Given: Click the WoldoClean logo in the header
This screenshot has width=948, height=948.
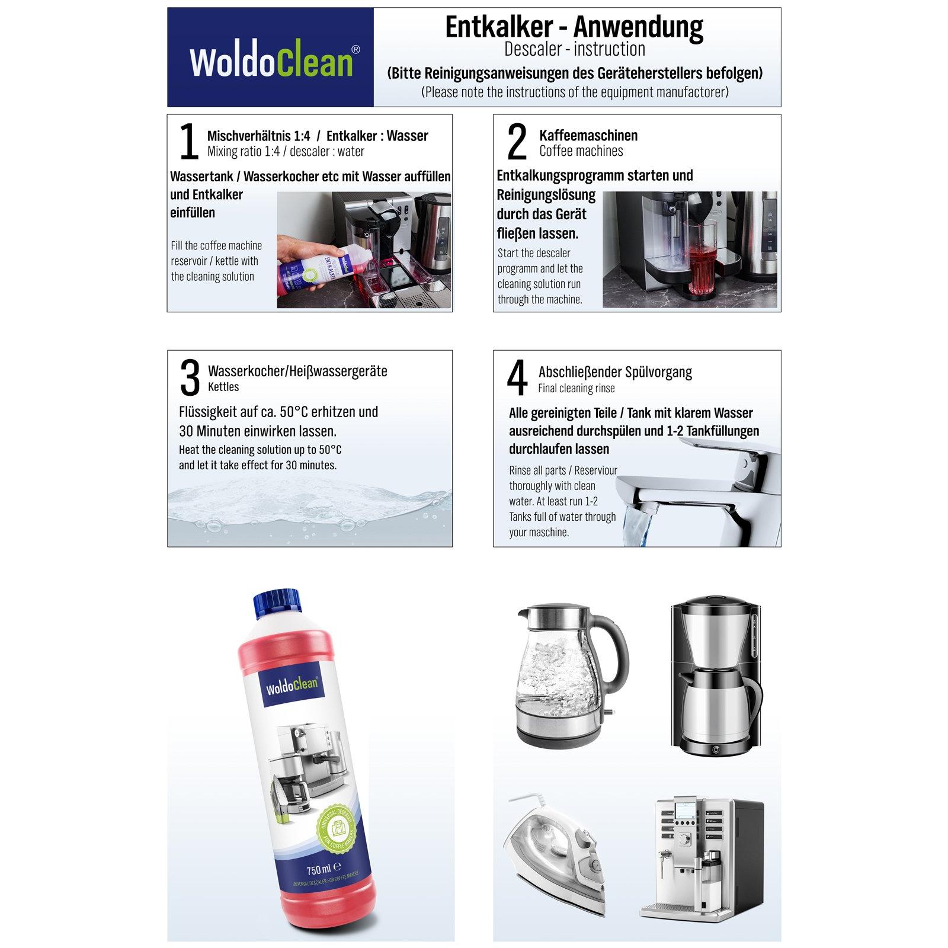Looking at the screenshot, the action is [274, 61].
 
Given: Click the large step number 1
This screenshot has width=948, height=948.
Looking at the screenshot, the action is [189, 142].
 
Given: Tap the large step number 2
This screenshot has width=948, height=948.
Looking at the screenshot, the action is [517, 142].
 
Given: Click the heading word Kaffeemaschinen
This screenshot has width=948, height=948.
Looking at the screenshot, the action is [588, 135].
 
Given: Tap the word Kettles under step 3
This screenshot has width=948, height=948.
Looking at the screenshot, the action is [223, 387].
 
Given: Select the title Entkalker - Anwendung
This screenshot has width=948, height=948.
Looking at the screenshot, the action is [574, 27].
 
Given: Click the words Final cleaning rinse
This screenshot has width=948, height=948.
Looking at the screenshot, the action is [577, 389].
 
